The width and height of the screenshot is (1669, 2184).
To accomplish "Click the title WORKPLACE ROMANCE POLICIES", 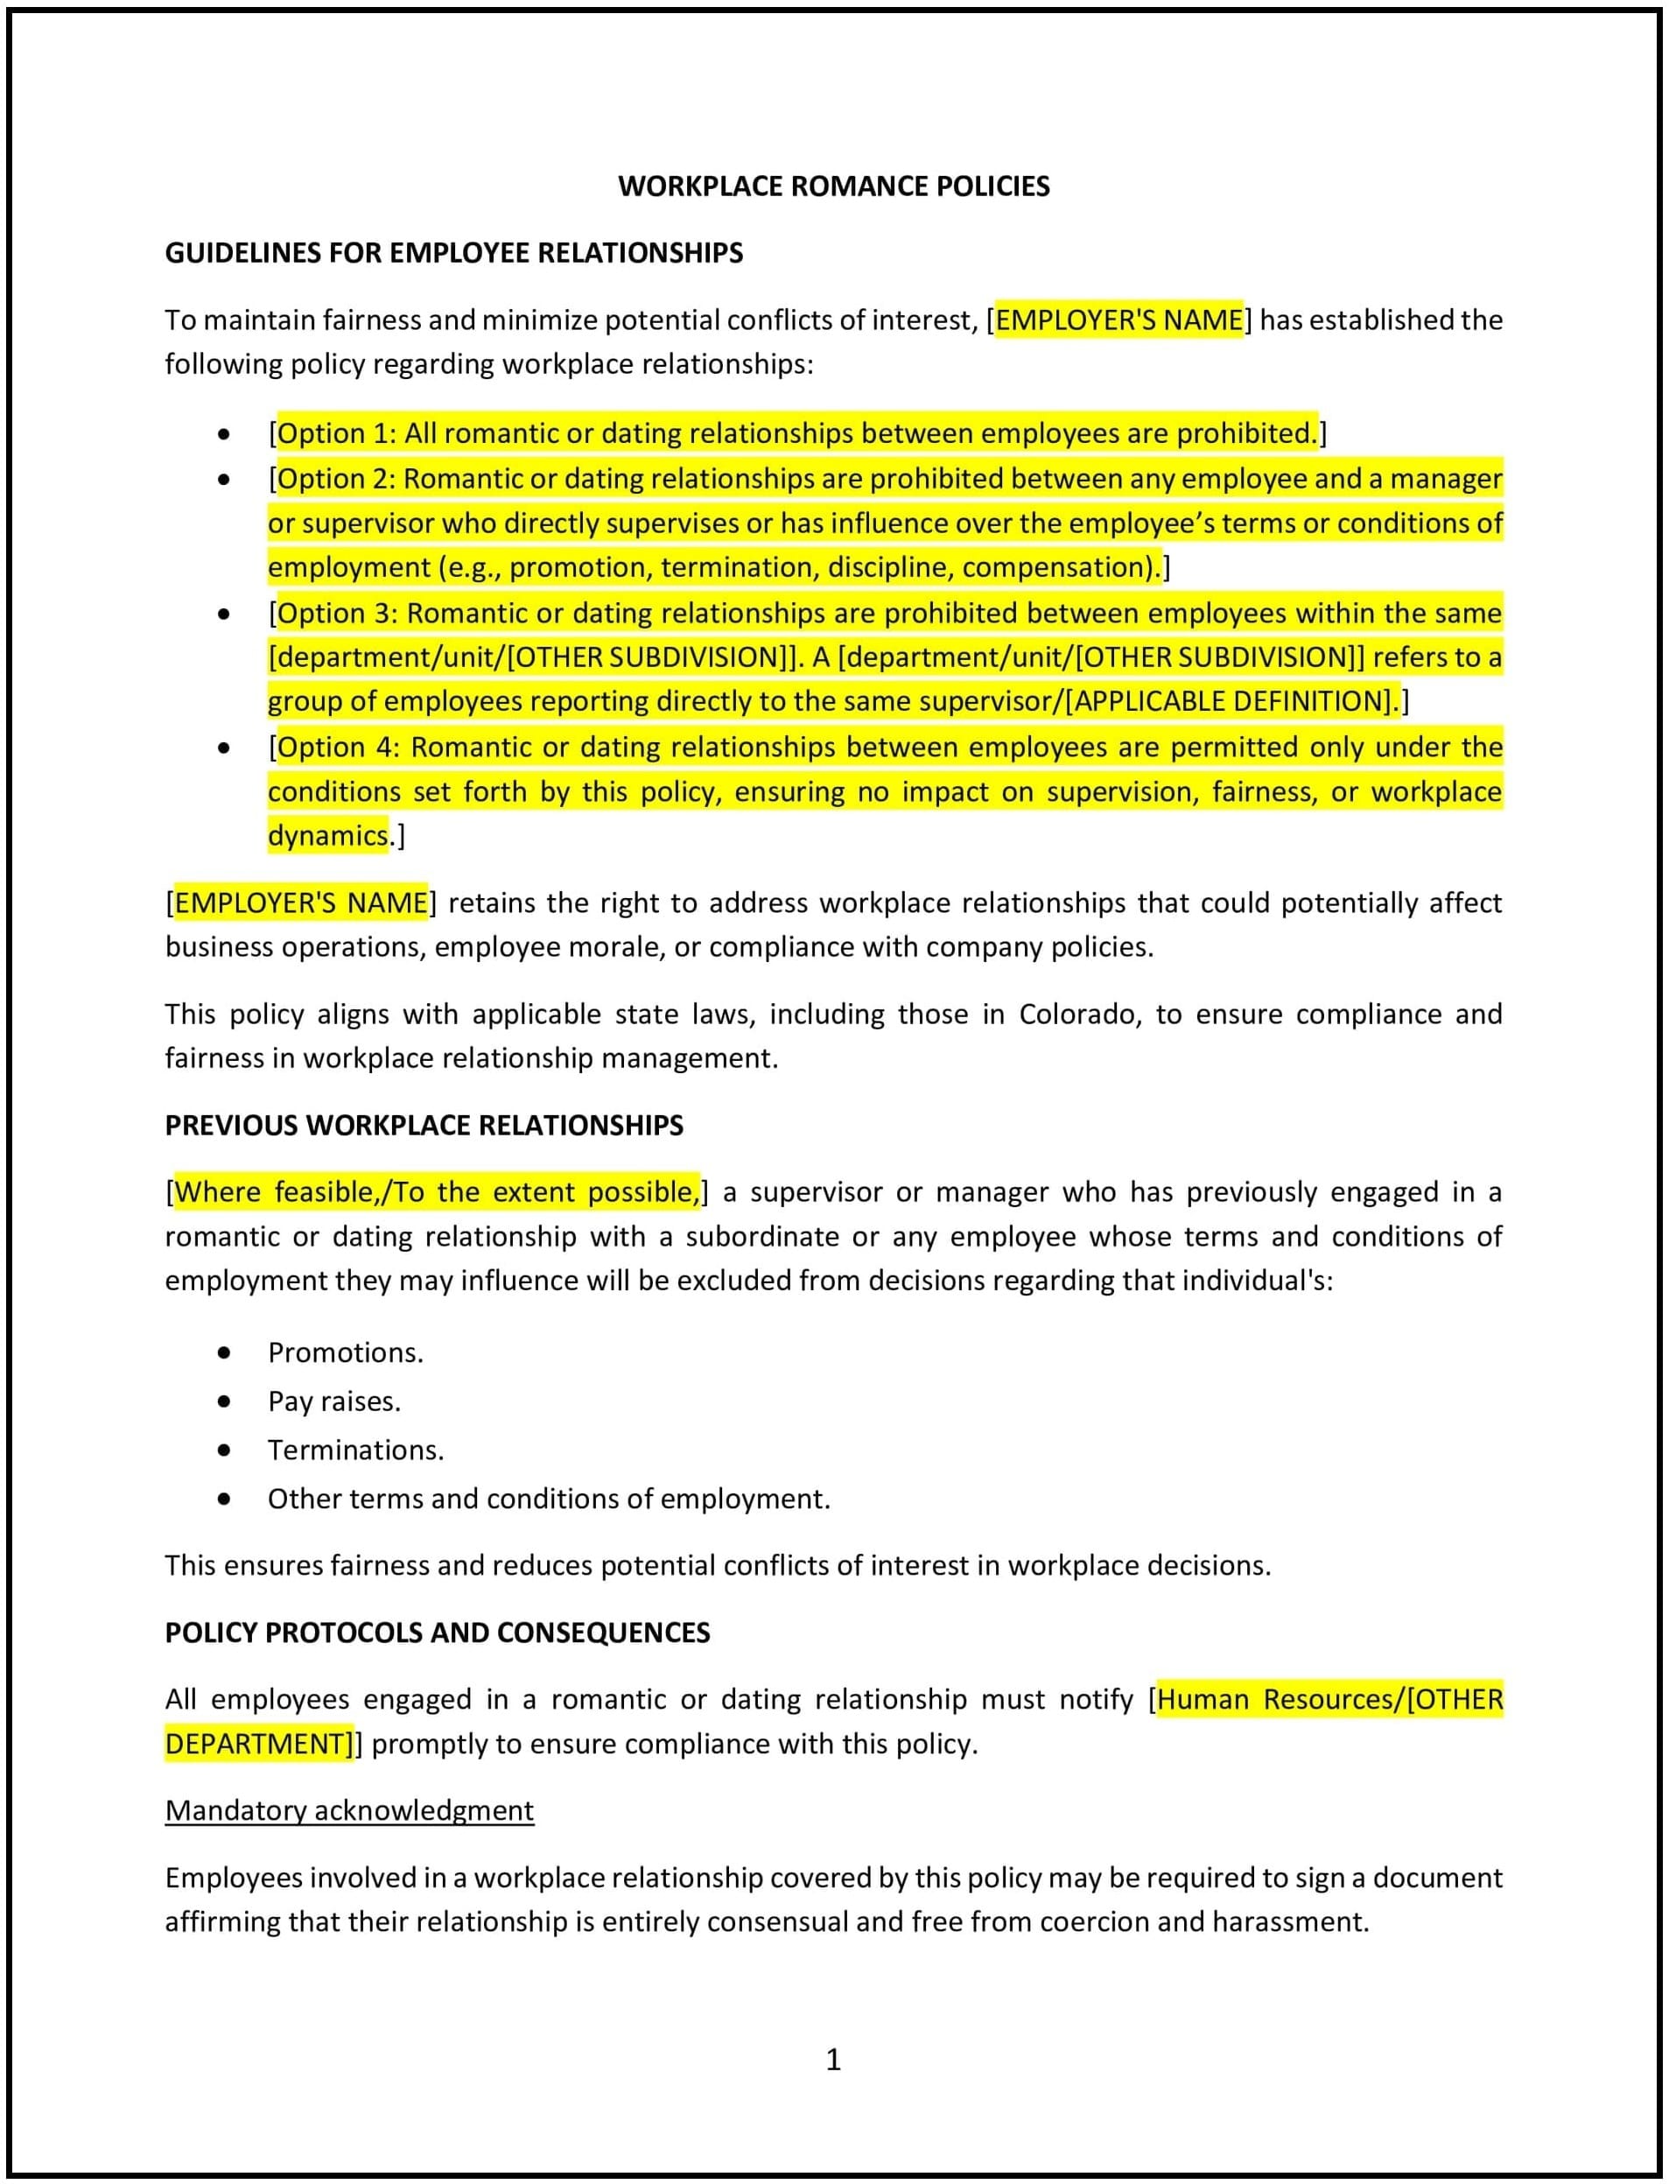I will (833, 186).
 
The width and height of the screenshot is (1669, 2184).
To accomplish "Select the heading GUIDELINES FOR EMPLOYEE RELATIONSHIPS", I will (454, 253).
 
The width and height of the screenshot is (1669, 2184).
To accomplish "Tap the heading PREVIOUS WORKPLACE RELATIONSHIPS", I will (424, 1126).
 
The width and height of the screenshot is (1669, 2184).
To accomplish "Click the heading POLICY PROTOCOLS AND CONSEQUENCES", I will (437, 1633).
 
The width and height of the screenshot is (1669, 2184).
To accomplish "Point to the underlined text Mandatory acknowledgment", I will (350, 1810).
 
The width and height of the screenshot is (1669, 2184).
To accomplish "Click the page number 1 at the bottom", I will (833, 2059).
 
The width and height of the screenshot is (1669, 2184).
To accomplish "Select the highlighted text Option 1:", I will (337, 434).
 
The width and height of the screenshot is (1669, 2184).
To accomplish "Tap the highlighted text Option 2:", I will (337, 479).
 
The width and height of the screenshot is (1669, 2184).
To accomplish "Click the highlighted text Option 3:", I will (338, 613).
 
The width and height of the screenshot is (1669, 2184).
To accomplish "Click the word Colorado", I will (1081, 1015).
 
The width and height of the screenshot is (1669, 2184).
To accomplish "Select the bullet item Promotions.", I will (346, 1352).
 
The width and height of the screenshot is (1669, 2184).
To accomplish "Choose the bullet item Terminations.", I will (355, 1450).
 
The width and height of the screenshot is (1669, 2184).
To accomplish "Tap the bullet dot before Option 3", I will (225, 614).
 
